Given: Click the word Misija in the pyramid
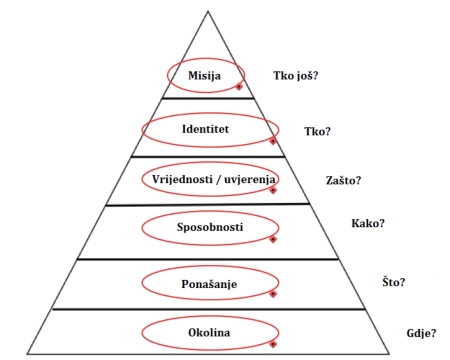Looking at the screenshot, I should click(x=204, y=76).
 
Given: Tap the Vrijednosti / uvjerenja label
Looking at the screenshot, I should click(x=208, y=178).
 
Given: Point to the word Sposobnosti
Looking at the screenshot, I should click(x=210, y=227).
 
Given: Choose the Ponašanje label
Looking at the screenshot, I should click(x=208, y=284).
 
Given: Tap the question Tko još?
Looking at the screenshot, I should click(x=296, y=76).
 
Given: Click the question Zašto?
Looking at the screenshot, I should click(x=343, y=180).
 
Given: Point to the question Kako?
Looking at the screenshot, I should click(x=368, y=223).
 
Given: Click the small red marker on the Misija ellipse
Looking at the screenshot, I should click(x=239, y=86).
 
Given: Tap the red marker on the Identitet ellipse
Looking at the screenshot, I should click(x=272, y=141).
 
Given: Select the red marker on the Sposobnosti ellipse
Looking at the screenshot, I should click(x=272, y=239).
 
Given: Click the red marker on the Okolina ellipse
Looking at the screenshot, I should click(x=272, y=344).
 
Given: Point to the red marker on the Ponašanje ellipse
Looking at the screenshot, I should click(x=272, y=294).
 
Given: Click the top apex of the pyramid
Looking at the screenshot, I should click(x=208, y=10).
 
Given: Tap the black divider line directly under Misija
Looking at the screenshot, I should click(x=208, y=98).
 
